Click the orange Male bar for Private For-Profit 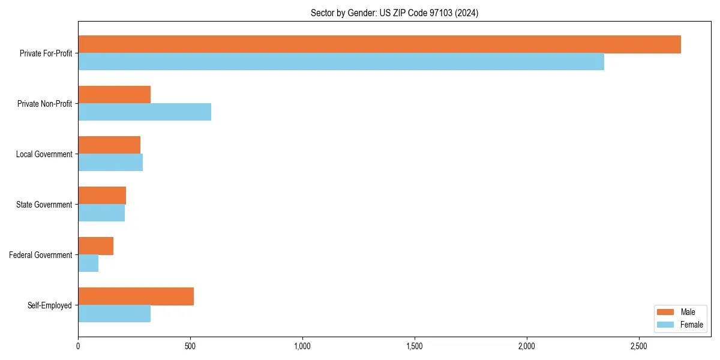(x=379, y=44)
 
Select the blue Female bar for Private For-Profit (x=341, y=62)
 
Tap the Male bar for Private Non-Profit (x=114, y=95)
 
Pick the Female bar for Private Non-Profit (x=145, y=112)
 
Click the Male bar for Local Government (x=109, y=145)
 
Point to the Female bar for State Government (x=101, y=213)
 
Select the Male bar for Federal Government (x=95, y=246)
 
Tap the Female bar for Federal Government (x=88, y=263)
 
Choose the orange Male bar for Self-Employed (x=136, y=296)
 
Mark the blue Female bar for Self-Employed (x=114, y=314)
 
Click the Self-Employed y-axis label (x=49, y=305)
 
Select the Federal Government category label (x=40, y=255)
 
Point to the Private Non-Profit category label (x=44, y=104)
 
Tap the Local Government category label (x=44, y=154)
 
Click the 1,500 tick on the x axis (x=415, y=347)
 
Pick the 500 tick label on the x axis (x=190, y=347)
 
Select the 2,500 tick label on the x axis (x=638, y=347)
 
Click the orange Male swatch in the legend (x=667, y=312)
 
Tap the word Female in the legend (x=691, y=325)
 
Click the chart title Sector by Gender (x=394, y=13)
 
